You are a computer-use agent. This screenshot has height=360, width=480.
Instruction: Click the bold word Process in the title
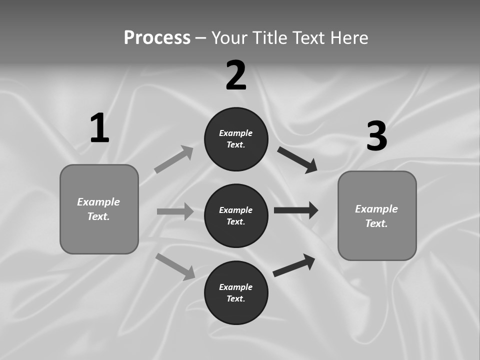157,38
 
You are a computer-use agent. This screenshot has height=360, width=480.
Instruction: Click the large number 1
99,128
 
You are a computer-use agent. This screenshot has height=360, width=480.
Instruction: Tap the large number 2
236,75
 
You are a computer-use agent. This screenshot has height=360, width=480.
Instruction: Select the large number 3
376,136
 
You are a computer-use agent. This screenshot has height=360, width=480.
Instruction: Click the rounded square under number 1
99,209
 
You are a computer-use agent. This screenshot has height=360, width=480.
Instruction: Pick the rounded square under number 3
377,215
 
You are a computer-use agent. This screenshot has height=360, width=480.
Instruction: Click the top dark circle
236,139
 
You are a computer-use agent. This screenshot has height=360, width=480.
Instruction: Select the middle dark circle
236,215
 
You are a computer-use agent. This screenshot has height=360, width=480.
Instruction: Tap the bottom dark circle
236,292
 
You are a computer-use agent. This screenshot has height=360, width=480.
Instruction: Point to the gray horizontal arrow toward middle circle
175,211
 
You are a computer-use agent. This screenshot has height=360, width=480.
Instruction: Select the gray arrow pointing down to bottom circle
175,266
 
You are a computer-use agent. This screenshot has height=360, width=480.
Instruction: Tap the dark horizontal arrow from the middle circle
296,210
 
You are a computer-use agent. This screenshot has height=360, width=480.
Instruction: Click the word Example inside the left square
98,202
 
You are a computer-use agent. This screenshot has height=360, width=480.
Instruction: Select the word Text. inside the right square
376,223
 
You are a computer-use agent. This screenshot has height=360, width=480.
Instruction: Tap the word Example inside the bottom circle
235,287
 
